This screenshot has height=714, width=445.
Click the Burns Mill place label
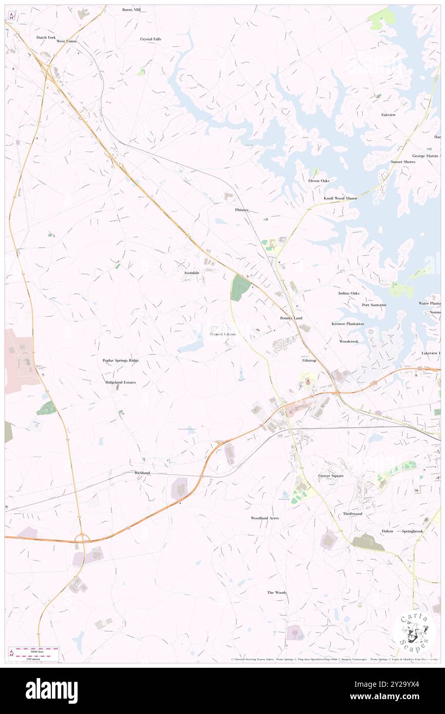[x=132, y=9]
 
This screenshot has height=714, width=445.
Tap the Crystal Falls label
[x=151, y=39]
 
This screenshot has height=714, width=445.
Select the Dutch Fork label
[x=45, y=37]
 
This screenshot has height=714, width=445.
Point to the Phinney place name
[x=242, y=210]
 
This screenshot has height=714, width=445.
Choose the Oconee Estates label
[x=223, y=334]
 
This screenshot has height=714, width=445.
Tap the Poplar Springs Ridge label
[x=121, y=361]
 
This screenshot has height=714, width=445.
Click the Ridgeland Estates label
[x=121, y=383]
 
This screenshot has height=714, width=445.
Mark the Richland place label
[x=142, y=472]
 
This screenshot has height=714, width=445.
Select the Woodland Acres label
[x=265, y=518]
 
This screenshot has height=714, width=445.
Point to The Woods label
[x=276, y=593]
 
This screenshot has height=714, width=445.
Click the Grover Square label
[x=330, y=476]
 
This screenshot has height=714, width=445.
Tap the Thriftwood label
[x=353, y=514]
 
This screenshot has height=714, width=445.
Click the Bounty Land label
[x=291, y=318]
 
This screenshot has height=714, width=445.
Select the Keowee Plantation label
[x=347, y=324]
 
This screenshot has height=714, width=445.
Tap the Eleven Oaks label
[x=319, y=181]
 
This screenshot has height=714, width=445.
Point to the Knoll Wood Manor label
[x=340, y=198]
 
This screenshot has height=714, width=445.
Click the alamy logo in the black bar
[x=51, y=690]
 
